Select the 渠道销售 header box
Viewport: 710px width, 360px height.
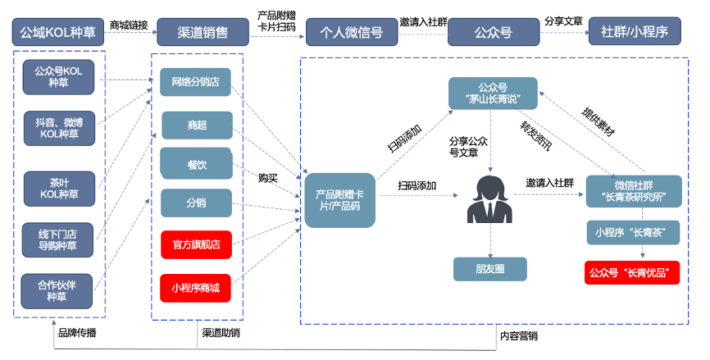203,33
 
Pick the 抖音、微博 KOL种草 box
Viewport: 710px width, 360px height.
59,126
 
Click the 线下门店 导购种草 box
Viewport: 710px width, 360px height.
59,239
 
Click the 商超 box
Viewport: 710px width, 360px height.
197,125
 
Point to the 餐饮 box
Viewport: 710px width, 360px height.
197,164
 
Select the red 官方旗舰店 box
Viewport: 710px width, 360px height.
196,244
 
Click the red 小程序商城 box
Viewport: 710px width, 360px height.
196,288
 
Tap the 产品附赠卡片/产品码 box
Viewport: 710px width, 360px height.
339,199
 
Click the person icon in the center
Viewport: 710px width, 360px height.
489,200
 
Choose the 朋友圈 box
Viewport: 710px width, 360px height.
489,268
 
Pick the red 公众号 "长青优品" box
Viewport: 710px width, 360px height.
633,272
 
